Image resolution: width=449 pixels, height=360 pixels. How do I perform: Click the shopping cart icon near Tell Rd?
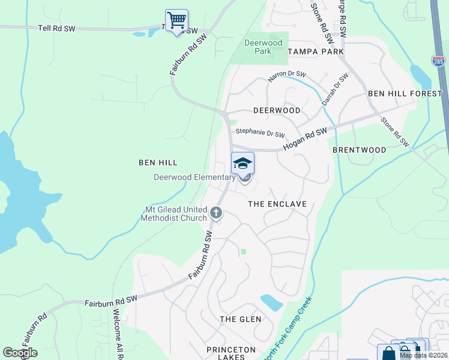tap(176, 20)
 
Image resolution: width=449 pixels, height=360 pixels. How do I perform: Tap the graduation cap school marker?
tap(243, 163)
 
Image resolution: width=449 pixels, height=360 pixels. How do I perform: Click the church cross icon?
tap(216, 212)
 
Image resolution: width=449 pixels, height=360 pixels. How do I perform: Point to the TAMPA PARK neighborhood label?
tap(315, 52)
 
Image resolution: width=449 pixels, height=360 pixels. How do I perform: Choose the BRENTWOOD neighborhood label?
tap(358, 149)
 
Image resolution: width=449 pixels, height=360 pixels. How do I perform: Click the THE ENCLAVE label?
tap(277, 204)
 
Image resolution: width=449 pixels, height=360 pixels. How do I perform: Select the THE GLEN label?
tap(240, 319)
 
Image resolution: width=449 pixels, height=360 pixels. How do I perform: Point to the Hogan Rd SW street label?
tap(305, 140)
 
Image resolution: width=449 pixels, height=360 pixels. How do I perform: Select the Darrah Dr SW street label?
tap(335, 90)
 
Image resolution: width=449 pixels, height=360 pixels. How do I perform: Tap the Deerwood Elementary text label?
tap(194, 177)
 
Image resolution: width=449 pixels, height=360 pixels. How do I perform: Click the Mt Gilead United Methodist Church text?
tap(173, 214)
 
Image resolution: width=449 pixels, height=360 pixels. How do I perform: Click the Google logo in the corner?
tap(20, 353)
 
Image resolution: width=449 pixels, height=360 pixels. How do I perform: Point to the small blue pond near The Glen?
tap(271, 302)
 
